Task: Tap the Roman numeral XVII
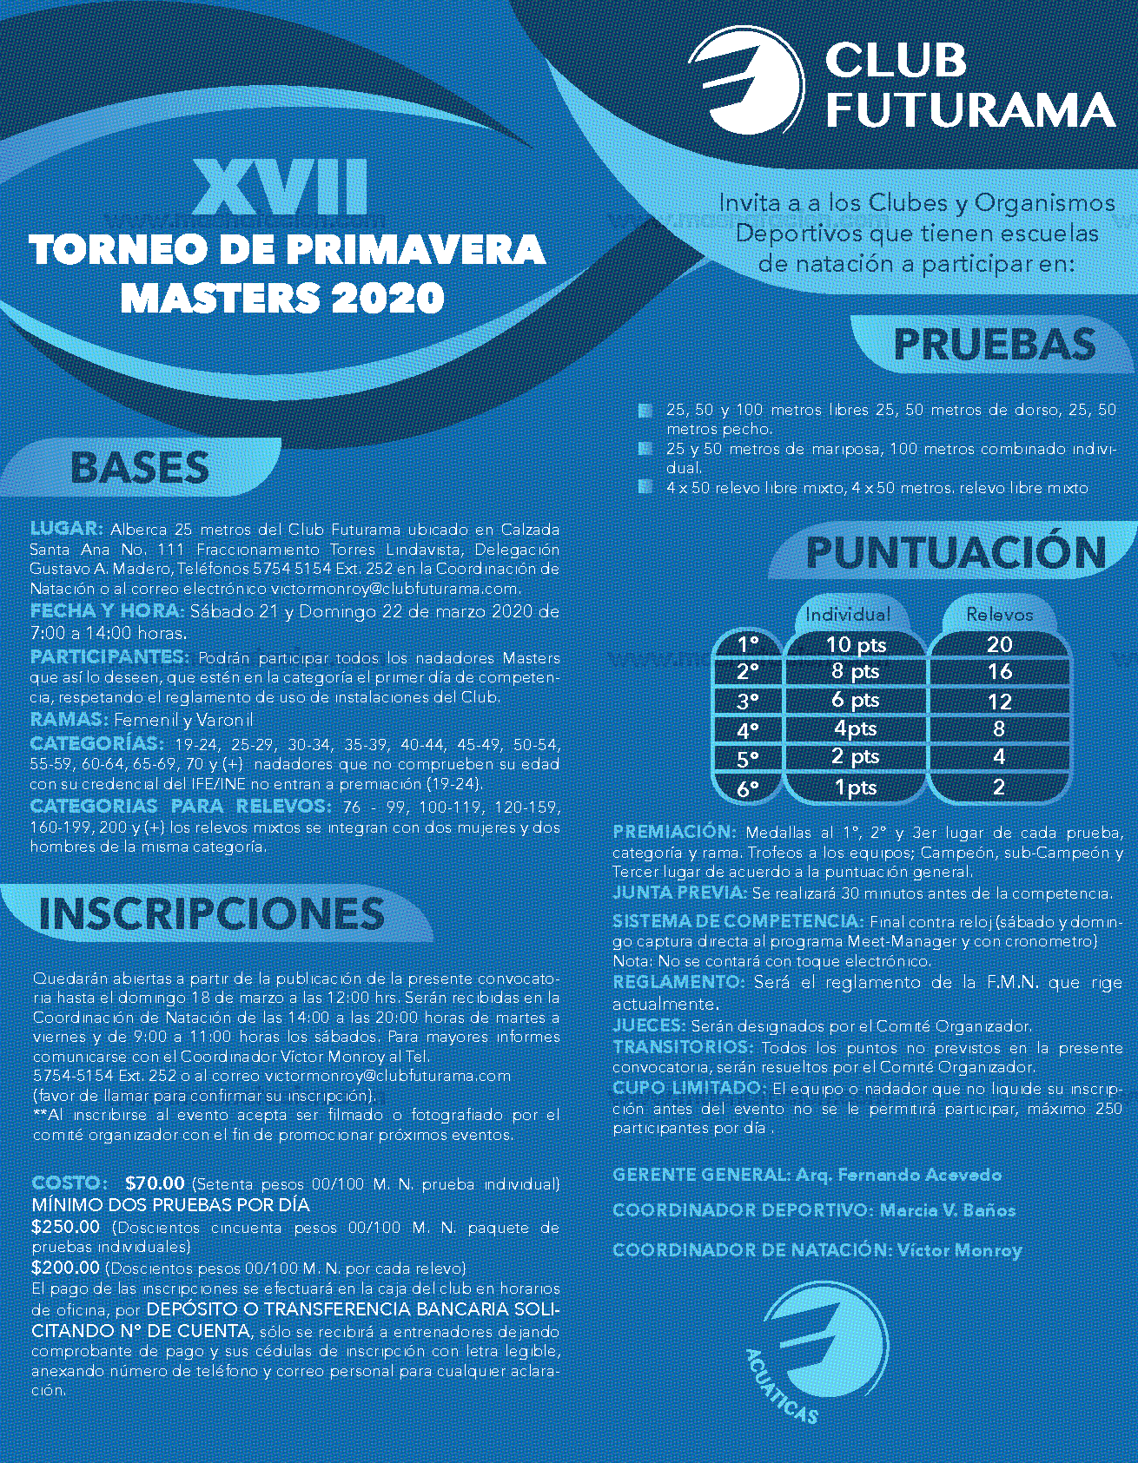280,187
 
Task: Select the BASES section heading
139,467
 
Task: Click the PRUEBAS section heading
994,345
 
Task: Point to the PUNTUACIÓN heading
956,553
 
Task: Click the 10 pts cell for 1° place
856,644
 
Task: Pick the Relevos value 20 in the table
999,644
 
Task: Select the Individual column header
848,615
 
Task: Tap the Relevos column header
1000,615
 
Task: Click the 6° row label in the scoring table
747,788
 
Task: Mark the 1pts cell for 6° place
856,788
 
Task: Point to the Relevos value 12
999,701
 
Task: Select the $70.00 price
155,1183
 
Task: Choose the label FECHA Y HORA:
107,610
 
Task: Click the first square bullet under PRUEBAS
645,410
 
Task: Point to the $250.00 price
66,1227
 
